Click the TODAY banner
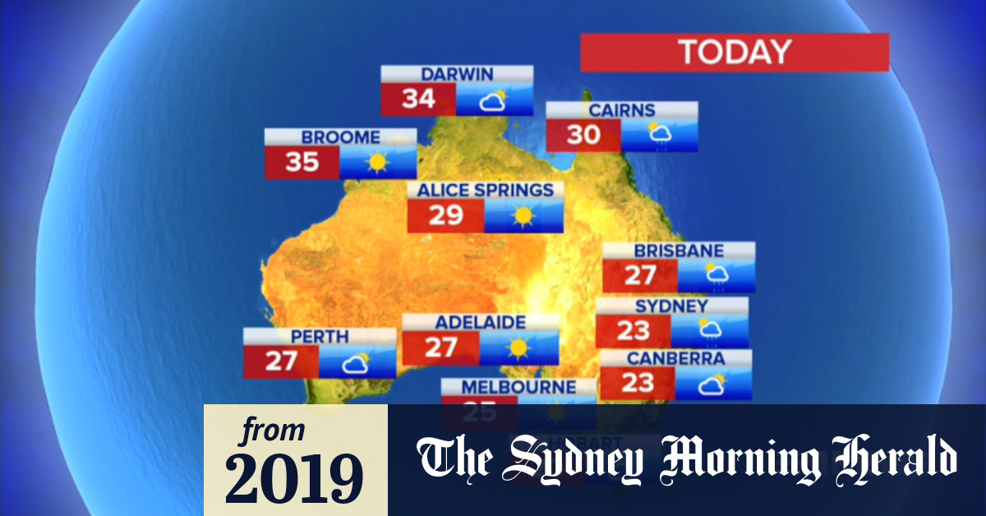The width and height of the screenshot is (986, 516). tap(735, 53)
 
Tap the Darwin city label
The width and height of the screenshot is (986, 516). tap(457, 75)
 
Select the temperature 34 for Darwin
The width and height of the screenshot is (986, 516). tap(418, 99)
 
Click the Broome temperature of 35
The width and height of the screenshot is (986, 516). tap(302, 162)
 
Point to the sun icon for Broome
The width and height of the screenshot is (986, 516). tap(377, 162)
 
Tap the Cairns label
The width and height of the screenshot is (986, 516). tap(622, 110)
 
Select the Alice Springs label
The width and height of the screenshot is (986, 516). tap(486, 191)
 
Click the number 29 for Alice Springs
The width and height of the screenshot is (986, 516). tap(445, 215)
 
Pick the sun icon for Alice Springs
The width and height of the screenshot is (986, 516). tap(523, 216)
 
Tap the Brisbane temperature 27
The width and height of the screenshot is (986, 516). tap(640, 274)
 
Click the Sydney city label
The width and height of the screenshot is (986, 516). tap(671, 306)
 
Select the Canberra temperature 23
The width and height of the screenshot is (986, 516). tap(637, 382)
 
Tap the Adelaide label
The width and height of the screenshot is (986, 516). tap(480, 321)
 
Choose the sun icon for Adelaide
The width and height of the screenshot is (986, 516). tap(518, 348)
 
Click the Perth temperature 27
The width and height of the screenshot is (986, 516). tap(280, 361)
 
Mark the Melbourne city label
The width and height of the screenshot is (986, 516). tap(518, 386)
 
